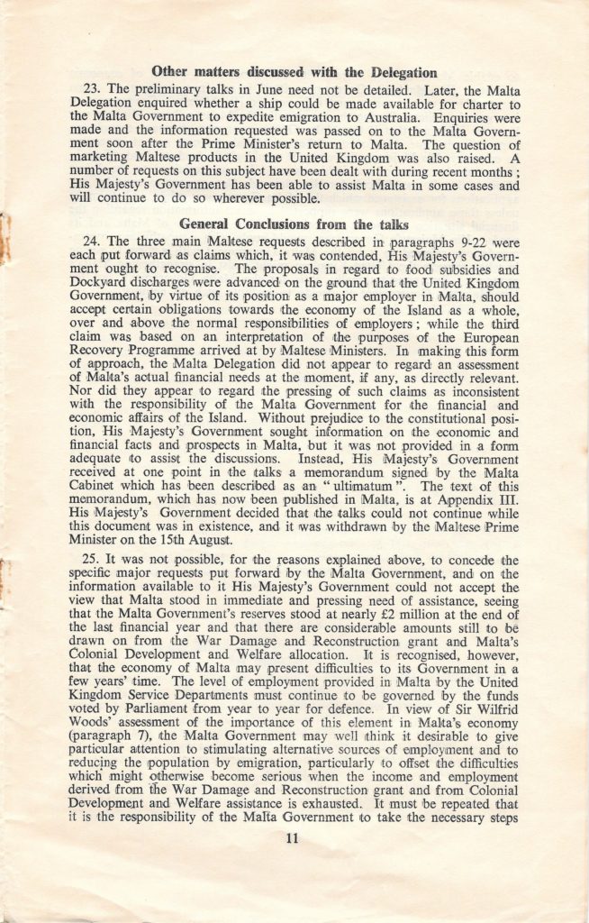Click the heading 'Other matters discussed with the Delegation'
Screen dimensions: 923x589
[295, 72]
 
